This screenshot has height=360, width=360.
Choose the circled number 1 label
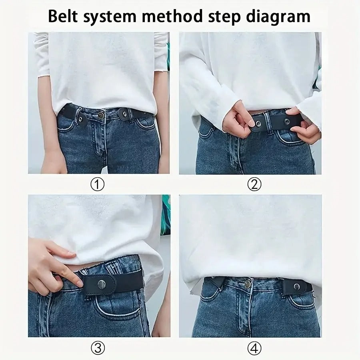[x=98, y=184]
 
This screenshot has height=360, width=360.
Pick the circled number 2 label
[x=254, y=184]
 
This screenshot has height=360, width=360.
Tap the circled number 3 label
[x=98, y=349]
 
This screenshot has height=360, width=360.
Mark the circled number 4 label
[x=254, y=349]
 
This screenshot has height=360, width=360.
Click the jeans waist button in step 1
[x=101, y=115]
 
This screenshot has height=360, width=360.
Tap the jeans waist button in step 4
[x=248, y=284]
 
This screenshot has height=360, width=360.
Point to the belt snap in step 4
[x=297, y=286]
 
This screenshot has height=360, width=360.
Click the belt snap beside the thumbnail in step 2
[x=258, y=124]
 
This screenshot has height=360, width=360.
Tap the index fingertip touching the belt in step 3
[x=79, y=283]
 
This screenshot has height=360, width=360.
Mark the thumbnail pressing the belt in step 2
[x=250, y=122]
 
